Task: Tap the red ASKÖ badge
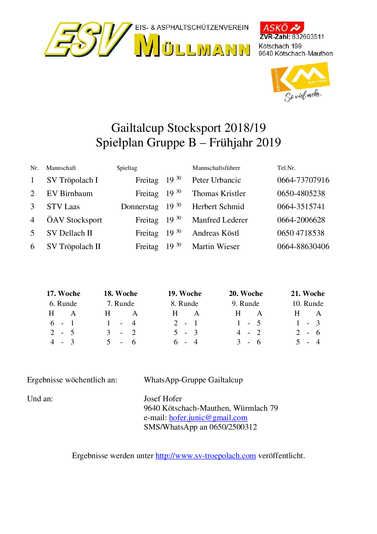282,28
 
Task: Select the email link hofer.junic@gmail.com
208,417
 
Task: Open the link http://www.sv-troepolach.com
206,455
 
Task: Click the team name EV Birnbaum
70,194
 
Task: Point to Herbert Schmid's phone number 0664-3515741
301,207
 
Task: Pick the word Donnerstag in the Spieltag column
140,207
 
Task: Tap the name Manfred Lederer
220,220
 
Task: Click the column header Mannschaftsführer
216,168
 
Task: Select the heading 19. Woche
185,293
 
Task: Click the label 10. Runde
308,304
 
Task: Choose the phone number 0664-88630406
303,246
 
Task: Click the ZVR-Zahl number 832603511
308,37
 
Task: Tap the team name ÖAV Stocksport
74,220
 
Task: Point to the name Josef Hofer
163,399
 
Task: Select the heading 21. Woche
308,293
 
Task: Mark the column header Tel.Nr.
286,168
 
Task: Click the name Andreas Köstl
216,233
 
